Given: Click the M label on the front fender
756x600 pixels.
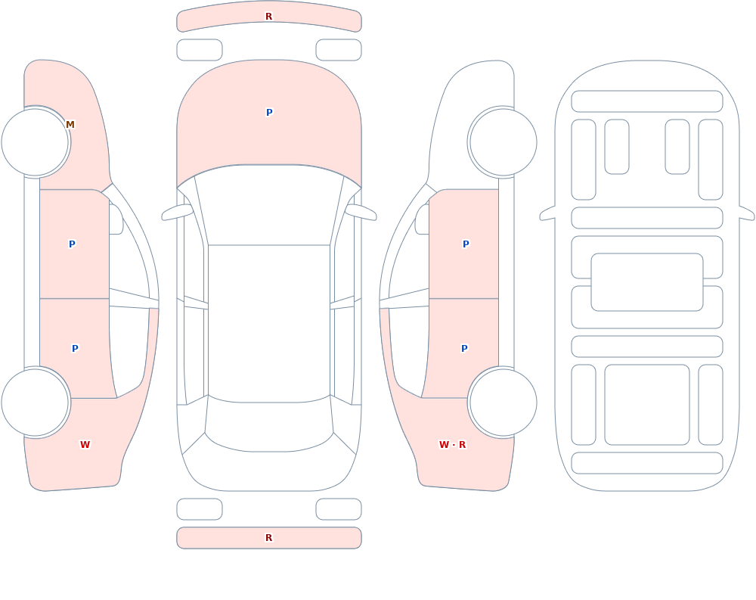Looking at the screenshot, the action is (70, 125).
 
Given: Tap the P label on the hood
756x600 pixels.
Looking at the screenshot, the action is (269, 113).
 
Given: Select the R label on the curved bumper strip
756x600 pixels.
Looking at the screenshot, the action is (268, 17).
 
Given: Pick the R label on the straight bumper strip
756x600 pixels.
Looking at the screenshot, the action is (268, 538).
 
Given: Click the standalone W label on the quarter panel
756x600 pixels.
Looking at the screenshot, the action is (85, 445).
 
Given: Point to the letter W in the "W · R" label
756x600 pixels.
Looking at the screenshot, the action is (444, 445).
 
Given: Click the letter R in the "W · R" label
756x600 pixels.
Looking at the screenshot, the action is (463, 445).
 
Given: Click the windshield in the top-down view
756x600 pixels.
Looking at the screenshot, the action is (269, 205).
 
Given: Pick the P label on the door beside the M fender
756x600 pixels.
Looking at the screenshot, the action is (72, 244).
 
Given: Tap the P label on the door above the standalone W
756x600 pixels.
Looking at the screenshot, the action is (75, 349).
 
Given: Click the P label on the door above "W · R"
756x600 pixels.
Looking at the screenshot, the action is (464, 349).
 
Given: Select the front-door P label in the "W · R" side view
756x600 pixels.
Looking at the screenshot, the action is (466, 244).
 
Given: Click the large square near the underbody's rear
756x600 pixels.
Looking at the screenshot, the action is (647, 405).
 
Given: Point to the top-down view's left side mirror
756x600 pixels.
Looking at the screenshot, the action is (177, 212).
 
